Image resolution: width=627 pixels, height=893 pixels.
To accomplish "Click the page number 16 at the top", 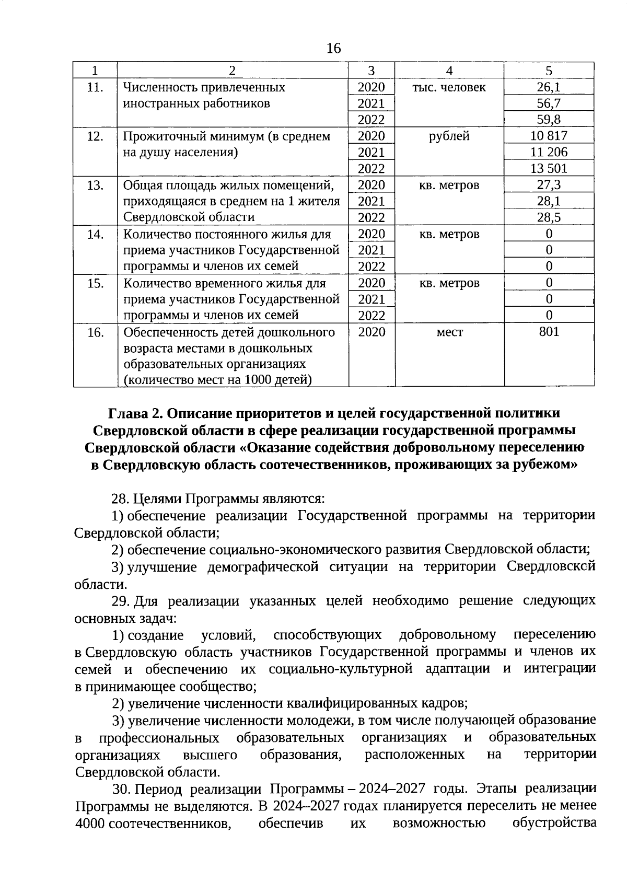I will [x=333, y=49].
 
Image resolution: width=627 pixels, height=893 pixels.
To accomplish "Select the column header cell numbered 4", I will [x=449, y=71].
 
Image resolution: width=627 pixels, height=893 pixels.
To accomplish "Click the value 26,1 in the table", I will [x=549, y=87].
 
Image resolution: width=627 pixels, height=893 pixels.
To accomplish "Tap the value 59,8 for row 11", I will [x=549, y=120].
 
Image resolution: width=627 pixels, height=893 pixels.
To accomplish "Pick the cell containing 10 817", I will [x=549, y=136].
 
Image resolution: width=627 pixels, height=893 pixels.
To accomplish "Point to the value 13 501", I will [x=549, y=168].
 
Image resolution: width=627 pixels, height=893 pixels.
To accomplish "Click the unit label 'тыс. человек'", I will [x=449, y=87].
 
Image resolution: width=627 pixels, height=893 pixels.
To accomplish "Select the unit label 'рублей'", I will [x=449, y=136].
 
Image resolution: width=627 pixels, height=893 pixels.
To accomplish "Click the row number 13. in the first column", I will [x=95, y=185].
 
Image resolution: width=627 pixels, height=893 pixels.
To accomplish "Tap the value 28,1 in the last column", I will [x=549, y=201].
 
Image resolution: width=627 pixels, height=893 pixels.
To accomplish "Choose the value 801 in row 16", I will [x=549, y=331].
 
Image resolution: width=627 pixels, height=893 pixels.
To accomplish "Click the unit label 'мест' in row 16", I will [x=449, y=332].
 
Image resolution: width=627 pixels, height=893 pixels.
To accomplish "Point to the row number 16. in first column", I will [x=95, y=332].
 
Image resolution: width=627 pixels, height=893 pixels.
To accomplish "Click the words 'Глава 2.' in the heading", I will [x=134, y=413].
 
